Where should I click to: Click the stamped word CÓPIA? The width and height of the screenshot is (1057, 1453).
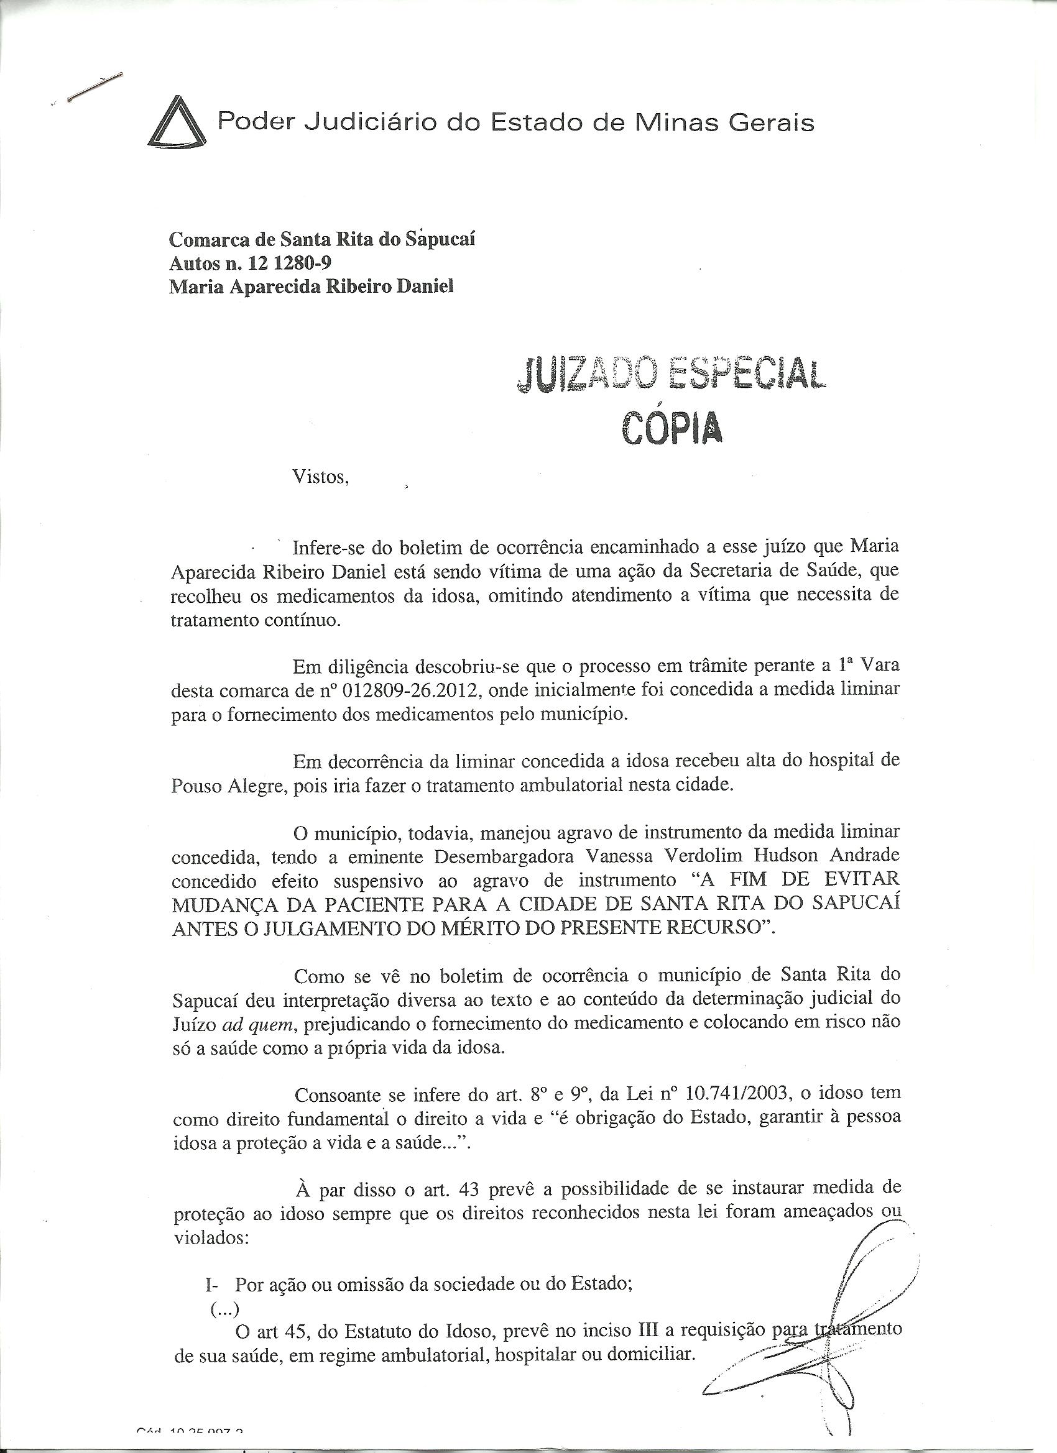tap(671, 428)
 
